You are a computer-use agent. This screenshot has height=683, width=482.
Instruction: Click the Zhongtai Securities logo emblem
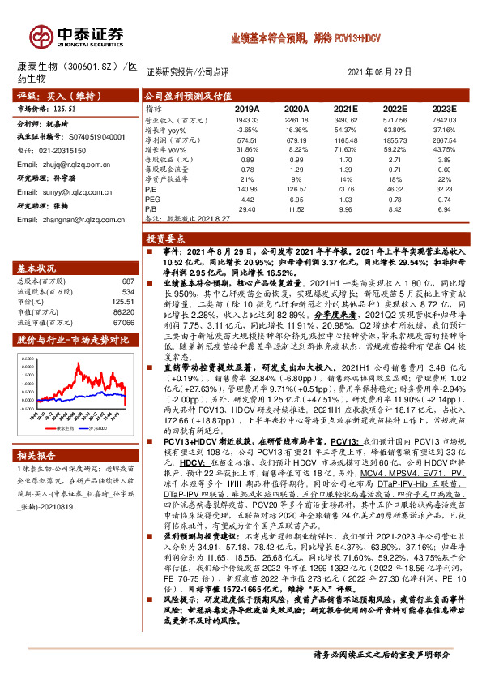[x=40, y=37]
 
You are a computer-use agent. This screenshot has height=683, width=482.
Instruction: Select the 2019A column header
[x=247, y=108]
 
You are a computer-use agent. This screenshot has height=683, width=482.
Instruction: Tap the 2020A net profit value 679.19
[x=296, y=139]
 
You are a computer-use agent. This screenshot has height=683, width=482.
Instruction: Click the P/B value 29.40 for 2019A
[x=247, y=208]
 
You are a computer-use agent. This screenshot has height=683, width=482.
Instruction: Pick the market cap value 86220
[x=124, y=311]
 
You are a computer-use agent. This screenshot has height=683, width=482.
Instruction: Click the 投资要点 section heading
[x=163, y=240]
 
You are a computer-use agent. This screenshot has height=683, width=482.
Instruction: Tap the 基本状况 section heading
[x=36, y=268]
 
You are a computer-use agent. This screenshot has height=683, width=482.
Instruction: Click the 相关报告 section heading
[x=36, y=457]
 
